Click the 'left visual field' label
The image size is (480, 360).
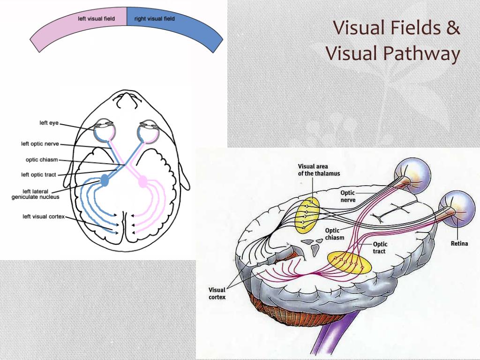pos(96,19)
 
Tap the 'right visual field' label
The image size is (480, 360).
pos(154,19)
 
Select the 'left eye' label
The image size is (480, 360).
pos(49,123)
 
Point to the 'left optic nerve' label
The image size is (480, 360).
pos(40,144)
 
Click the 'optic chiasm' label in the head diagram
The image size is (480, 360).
pos(42,160)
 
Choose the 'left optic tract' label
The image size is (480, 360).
pos(38,175)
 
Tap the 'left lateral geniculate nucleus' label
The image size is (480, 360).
pos(35,194)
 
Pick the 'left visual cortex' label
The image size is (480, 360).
pos(44,217)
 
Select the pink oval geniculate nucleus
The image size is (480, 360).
pos(142,180)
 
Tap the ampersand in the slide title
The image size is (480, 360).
pos(452,28)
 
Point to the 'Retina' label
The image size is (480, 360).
pos(459,243)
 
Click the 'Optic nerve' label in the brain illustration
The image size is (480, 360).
pos(348,196)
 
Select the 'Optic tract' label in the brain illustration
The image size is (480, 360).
pos(380,247)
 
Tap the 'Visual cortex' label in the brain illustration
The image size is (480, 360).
pos(217,293)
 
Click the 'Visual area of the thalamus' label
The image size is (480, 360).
pos(319,170)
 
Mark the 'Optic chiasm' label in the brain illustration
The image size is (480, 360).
pos(335,234)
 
